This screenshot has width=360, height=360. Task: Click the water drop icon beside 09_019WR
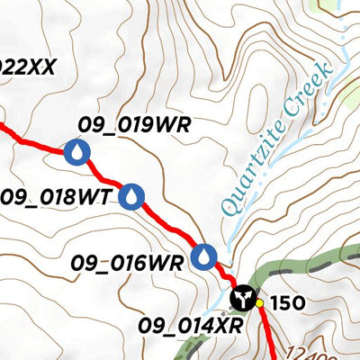pos(78,152)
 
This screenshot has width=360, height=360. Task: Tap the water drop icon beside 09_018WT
pos(132,195)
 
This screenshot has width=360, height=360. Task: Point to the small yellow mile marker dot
pos(260,303)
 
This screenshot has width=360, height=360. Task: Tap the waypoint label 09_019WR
pos(134,125)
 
